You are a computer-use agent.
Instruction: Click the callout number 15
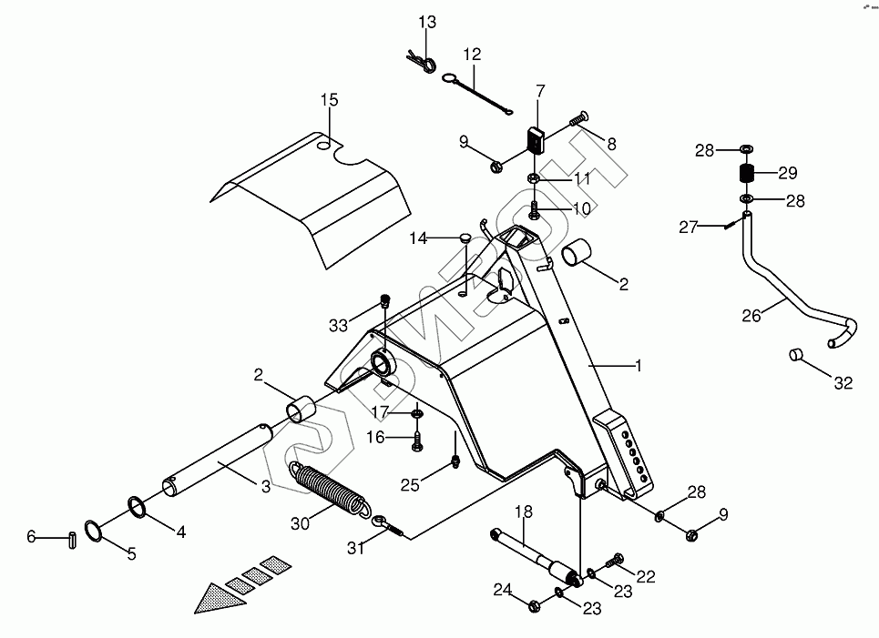[329, 99]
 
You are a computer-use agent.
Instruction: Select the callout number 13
[428, 22]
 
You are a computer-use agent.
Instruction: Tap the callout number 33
[339, 325]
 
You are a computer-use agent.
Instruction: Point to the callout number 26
[751, 317]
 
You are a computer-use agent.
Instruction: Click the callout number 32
[843, 383]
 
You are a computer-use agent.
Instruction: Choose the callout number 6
[31, 538]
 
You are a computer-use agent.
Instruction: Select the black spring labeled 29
[746, 173]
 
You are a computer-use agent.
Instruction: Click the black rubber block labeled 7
[534, 142]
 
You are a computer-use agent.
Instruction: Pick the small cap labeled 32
[794, 353]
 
